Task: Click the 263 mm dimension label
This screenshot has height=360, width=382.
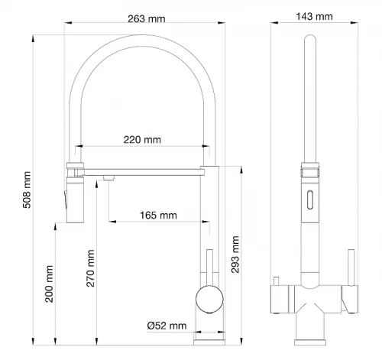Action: click(147, 19)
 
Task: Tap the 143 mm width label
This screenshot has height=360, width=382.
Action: click(314, 17)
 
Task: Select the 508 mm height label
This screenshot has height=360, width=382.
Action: click(27, 190)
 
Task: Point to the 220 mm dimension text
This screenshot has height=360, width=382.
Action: click(142, 140)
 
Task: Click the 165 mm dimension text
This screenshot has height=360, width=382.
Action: click(158, 216)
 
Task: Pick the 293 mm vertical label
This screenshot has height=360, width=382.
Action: click(235, 255)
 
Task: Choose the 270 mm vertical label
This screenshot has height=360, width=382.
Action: click(90, 268)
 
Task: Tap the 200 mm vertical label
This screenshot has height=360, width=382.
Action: click(49, 284)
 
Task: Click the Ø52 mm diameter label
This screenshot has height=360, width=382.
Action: click(167, 326)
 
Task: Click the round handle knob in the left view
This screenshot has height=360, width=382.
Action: click(209, 299)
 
